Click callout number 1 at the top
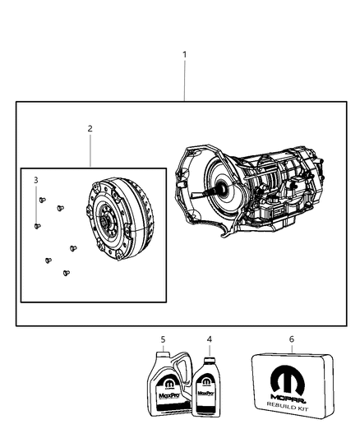pyautogui.click(x=184, y=55)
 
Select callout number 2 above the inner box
pyautogui.click(x=90, y=128)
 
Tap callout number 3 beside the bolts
pyautogui.click(x=35, y=180)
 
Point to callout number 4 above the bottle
pyautogui.click(x=209, y=339)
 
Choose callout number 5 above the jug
pyautogui.click(x=164, y=339)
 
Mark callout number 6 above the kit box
pyautogui.click(x=291, y=339)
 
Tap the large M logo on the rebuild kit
pyautogui.click(x=287, y=381)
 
